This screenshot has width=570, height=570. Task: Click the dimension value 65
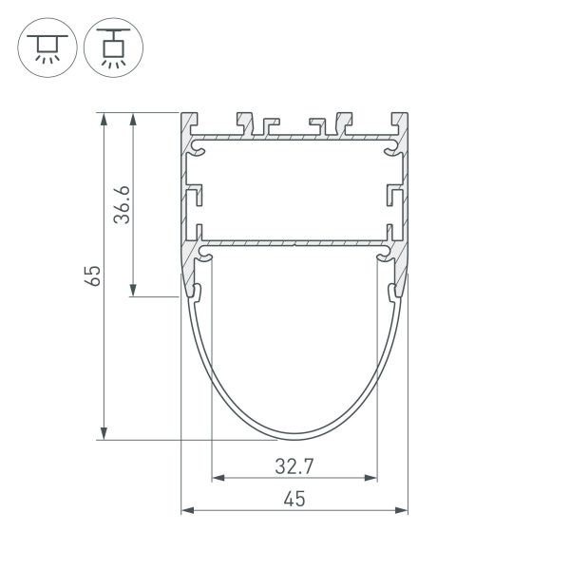coord(92,276)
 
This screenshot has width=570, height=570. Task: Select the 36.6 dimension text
coord(121,204)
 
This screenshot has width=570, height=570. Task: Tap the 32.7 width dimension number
coord(294,465)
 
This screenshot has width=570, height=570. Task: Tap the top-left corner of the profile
coord(181,114)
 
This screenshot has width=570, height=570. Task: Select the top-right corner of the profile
coord(408,114)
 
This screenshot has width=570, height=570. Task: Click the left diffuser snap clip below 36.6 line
coord(199,291)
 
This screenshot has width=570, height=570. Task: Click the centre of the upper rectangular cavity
coord(294,190)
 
